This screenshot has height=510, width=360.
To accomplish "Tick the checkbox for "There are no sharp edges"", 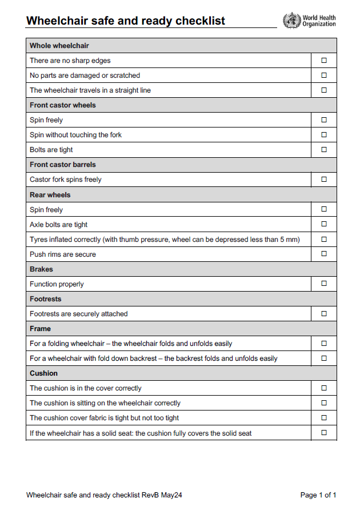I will pyautogui.click(x=324, y=60).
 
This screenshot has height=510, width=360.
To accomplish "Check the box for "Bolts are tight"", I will pyautogui.click(x=324, y=150).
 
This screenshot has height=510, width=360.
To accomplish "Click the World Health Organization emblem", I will pyautogui.click(x=291, y=21).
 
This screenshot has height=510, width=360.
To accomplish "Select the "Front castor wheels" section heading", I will pyautogui.click(x=63, y=105).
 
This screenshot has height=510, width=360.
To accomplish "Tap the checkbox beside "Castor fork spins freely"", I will pyautogui.click(x=324, y=180).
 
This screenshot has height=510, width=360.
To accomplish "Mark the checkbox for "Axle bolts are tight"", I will pyautogui.click(x=324, y=224).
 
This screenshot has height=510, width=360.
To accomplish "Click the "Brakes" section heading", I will pyautogui.click(x=41, y=269).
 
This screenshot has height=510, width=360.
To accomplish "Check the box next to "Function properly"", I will pyautogui.click(x=324, y=284).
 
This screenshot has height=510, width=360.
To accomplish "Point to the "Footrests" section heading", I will pyautogui.click(x=45, y=299).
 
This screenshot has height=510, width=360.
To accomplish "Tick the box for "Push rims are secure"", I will pyautogui.click(x=324, y=254).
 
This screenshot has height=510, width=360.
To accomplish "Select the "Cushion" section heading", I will pyautogui.click(x=43, y=373).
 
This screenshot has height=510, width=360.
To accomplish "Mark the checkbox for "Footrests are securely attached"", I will pyautogui.click(x=324, y=314).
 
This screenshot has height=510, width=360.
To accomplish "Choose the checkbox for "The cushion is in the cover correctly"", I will pyautogui.click(x=324, y=388).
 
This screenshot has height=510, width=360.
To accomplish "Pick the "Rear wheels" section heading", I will pyautogui.click(x=50, y=195).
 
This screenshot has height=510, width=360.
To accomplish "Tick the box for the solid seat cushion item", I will pyautogui.click(x=324, y=433).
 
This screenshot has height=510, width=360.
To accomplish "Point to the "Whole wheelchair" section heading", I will pyautogui.click(x=59, y=46).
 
